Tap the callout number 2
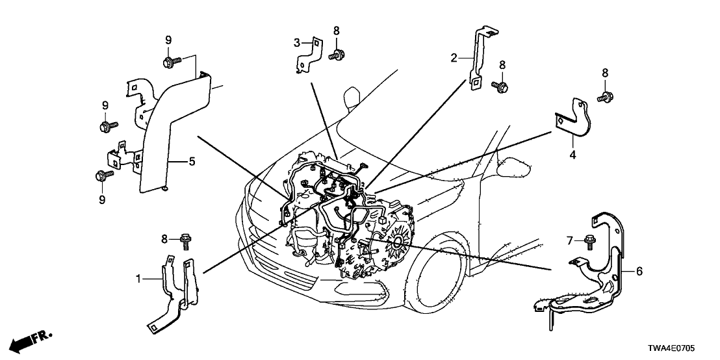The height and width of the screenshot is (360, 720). (x=454, y=58)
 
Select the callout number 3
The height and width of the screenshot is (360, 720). (x=297, y=44)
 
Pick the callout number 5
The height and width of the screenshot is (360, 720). (x=192, y=161)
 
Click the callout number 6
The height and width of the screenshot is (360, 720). (x=639, y=271)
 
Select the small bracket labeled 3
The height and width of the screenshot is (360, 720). (x=310, y=56)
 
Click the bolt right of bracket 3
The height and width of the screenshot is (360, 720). (x=337, y=56)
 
